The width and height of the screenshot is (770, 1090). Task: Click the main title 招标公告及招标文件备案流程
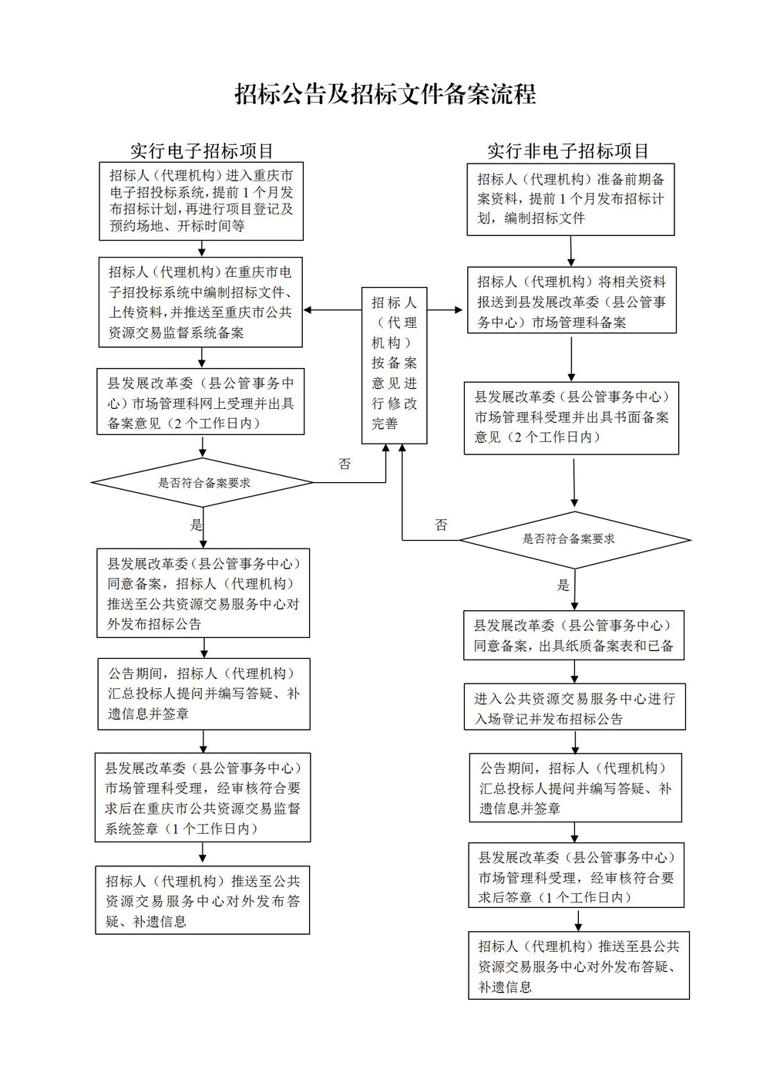point(385,94)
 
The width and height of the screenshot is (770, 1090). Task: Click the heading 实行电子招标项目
point(202,151)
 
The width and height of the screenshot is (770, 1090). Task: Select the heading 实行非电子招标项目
point(568,151)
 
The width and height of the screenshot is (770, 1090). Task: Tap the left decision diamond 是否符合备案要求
point(202,483)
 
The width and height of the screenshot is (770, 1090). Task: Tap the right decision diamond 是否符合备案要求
point(575,540)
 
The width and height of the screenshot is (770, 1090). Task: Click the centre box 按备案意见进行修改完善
point(394,366)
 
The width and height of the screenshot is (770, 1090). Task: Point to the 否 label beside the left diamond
point(345,464)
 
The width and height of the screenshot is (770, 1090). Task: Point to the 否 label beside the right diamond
point(441,525)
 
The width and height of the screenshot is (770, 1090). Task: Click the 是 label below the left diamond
point(197,525)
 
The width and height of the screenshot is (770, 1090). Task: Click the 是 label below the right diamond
point(563,585)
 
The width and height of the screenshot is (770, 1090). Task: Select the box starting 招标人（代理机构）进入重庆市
point(201,201)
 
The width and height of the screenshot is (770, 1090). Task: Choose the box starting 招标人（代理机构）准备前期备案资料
point(570,200)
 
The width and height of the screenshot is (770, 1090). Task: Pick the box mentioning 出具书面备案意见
point(571,418)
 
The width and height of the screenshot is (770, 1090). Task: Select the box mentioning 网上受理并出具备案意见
point(200,401)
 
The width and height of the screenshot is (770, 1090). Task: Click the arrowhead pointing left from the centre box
point(308,310)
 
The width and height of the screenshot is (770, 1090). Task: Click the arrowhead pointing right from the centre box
point(458,310)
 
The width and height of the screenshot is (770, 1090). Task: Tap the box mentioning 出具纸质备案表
point(573,635)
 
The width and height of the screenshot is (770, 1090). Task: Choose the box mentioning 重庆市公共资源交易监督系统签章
point(203,798)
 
